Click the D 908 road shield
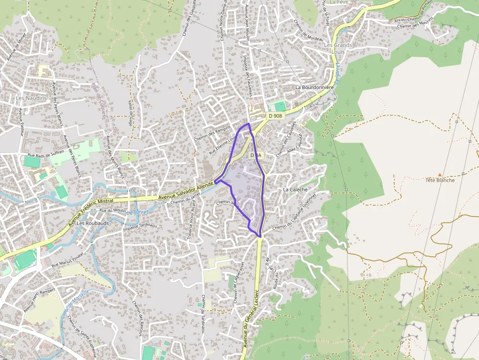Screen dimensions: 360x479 [x=275, y=116]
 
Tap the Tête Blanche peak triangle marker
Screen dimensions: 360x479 [x=440, y=174]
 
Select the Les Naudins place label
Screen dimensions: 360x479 [x=31, y=98]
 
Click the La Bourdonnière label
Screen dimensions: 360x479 [x=314, y=87]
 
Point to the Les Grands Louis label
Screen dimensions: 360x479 [x=338, y=48]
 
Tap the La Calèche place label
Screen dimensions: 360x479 [x=295, y=190]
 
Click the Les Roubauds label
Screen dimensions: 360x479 [x=93, y=223]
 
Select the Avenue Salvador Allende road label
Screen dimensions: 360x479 [x=186, y=191]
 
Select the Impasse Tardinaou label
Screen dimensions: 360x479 [x=140, y=226]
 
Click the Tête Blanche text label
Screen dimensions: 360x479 [x=440, y=180]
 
